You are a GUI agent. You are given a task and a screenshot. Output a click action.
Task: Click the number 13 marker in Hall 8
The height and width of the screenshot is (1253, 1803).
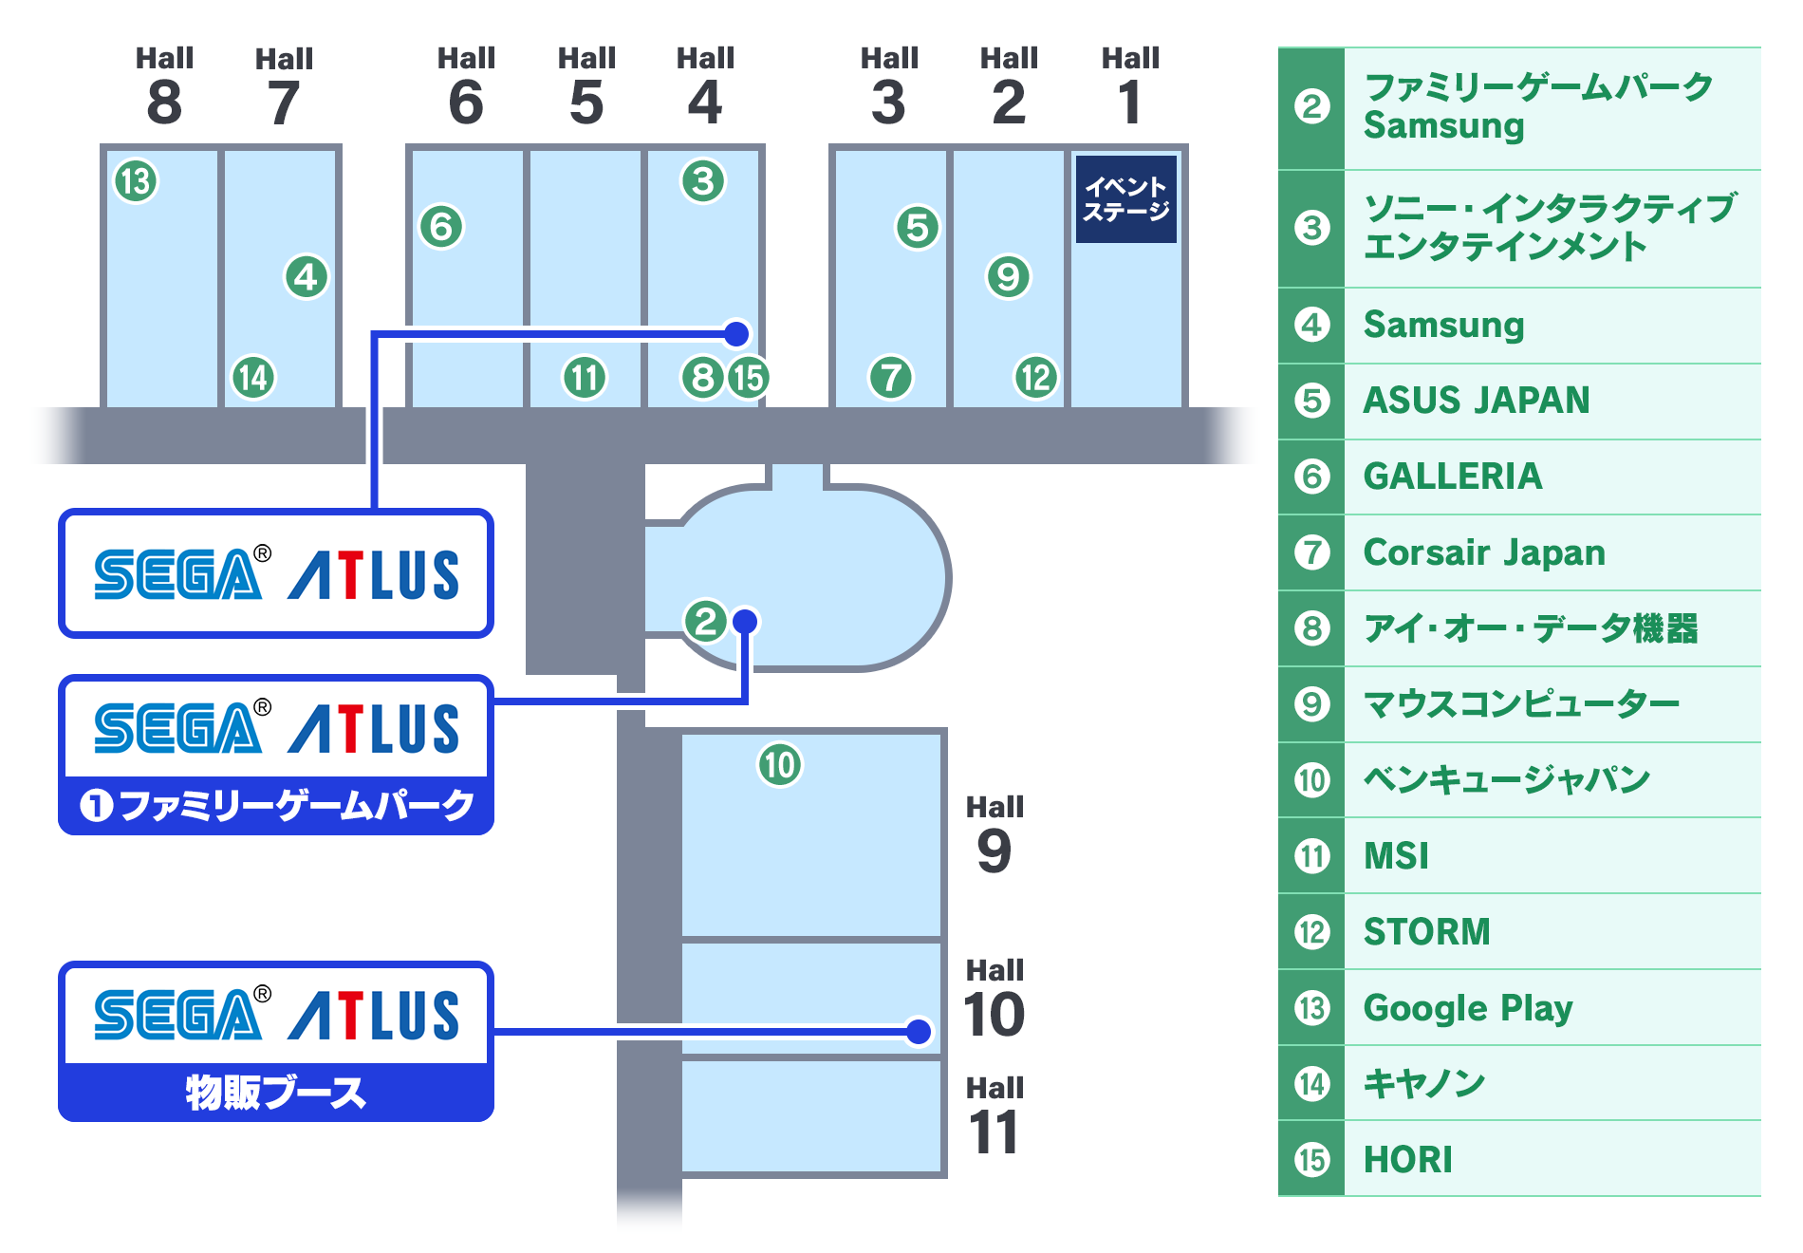tap(136, 180)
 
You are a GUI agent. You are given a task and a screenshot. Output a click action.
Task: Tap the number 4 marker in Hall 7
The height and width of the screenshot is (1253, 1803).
tap(306, 277)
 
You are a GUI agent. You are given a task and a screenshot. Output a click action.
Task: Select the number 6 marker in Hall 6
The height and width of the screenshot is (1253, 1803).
tap(441, 227)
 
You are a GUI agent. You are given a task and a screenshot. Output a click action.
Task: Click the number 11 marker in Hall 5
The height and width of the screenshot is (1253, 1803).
tap(584, 378)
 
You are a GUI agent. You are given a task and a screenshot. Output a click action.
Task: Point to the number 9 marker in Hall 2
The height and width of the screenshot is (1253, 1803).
tap(1008, 276)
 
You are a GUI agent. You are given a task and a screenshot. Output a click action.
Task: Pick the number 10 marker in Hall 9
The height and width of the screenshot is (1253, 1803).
tap(779, 765)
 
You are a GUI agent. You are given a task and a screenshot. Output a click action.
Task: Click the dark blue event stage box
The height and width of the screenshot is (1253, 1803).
tap(1125, 199)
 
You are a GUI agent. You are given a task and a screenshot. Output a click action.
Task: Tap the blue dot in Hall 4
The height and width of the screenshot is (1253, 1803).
tap(736, 333)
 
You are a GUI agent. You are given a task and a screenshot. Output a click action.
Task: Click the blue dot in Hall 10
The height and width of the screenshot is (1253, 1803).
tap(919, 1032)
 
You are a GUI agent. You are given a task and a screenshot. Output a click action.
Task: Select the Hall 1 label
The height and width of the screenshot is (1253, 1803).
tap(1129, 85)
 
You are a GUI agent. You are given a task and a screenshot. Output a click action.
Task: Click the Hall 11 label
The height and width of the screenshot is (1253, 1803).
tap(994, 1115)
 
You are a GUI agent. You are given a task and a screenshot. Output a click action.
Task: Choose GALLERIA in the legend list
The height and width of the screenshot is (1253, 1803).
tap(1453, 477)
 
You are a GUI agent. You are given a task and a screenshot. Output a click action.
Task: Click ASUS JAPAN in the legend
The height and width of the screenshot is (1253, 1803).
tap(1477, 401)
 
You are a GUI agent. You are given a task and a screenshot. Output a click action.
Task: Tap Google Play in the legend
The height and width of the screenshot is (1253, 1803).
tap(1468, 1008)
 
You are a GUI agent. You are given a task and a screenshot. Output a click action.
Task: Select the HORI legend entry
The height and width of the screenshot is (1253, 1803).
tap(1408, 1159)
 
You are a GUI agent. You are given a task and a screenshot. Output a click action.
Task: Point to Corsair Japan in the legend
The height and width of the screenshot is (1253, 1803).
tap(1484, 552)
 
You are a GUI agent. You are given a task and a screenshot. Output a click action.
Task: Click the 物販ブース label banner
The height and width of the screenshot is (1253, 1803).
tap(276, 1092)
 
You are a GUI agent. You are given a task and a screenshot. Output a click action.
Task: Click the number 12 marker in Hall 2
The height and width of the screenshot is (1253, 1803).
tap(1035, 378)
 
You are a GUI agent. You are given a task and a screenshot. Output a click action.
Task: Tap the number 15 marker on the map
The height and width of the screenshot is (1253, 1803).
tap(748, 378)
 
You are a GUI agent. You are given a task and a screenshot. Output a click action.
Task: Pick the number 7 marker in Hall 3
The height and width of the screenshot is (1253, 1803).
tap(890, 378)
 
